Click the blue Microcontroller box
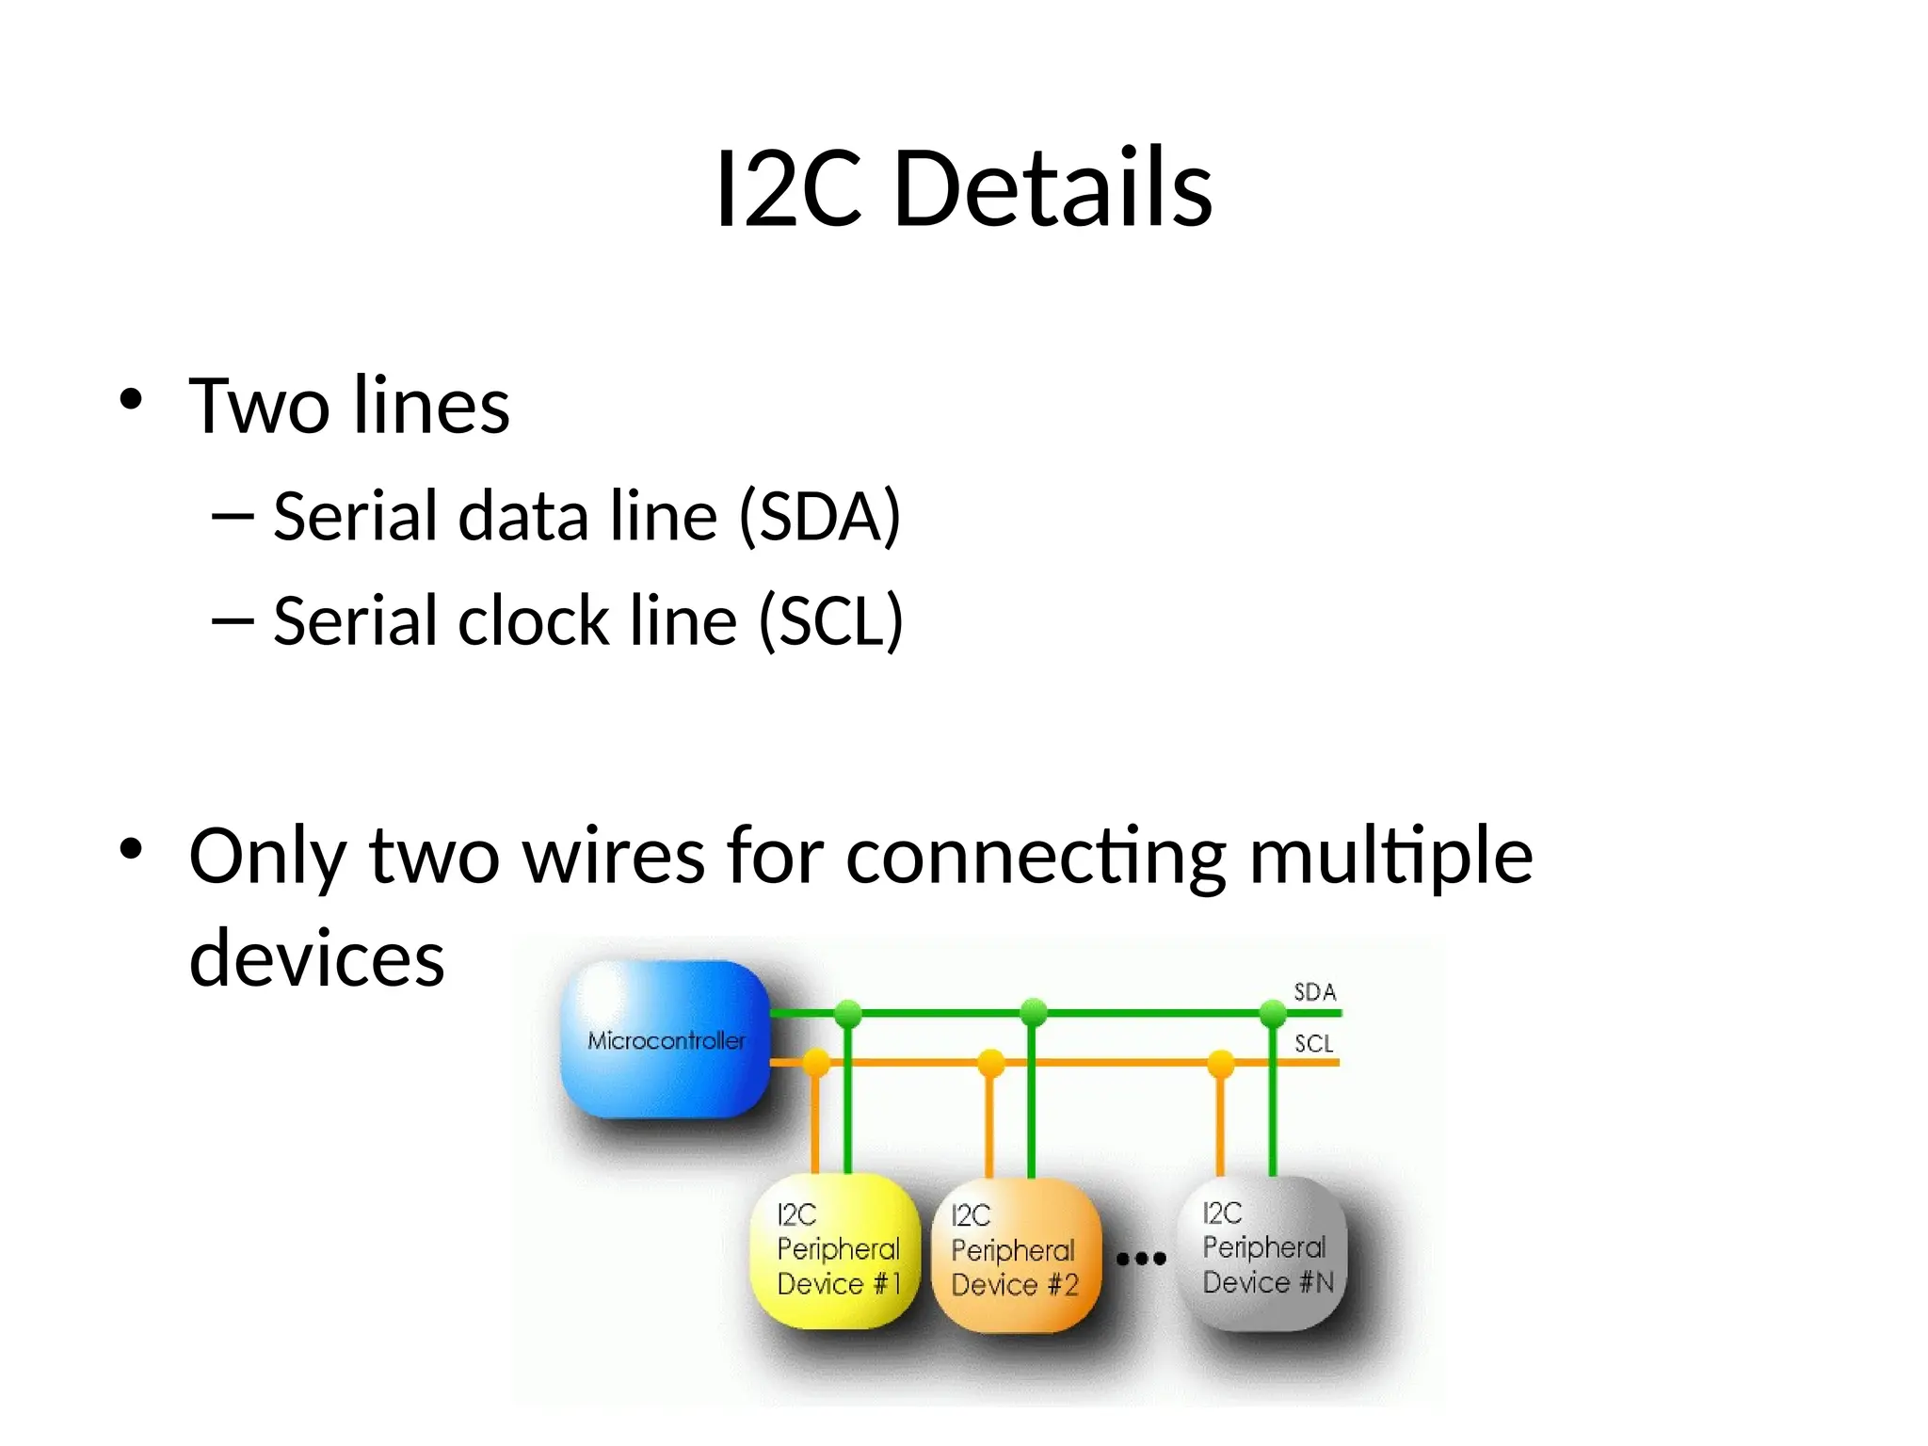click(x=666, y=1039)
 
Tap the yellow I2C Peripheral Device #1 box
click(x=835, y=1250)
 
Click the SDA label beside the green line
click(x=1314, y=991)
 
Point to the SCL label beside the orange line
click(x=1313, y=1043)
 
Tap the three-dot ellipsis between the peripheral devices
click(x=1141, y=1258)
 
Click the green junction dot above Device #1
click(x=848, y=1013)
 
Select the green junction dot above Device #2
click(x=1034, y=1013)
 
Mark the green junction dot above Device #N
click(x=1273, y=1013)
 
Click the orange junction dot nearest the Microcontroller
click(x=815, y=1063)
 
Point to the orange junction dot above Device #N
click(x=1220, y=1063)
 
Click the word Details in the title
click(x=1052, y=188)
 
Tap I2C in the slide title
click(x=788, y=188)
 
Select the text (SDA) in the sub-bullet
click(x=820, y=516)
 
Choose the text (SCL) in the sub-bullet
click(x=831, y=620)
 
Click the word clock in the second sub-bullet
click(x=533, y=620)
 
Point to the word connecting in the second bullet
click(x=1036, y=857)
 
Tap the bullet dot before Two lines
click(x=131, y=399)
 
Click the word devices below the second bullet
click(x=316, y=958)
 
